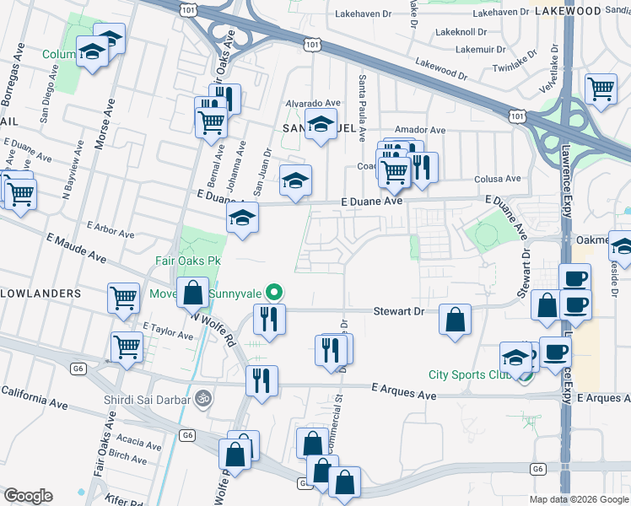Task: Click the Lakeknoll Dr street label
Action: pos(461,31)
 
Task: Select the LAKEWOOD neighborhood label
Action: pos(591,10)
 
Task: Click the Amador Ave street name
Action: pos(425,130)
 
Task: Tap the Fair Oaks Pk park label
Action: pos(187,261)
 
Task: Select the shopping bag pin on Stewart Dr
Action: pos(455,320)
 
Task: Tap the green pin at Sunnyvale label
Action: pos(273,293)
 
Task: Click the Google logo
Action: pos(28,496)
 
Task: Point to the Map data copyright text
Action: pos(579,499)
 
